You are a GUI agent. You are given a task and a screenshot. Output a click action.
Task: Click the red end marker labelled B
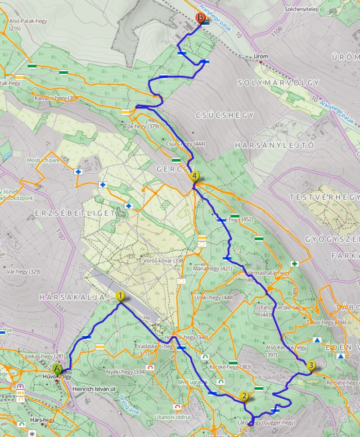pyautogui.click(x=200, y=18)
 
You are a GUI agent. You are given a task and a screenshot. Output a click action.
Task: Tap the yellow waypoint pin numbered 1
pyautogui.click(x=120, y=296)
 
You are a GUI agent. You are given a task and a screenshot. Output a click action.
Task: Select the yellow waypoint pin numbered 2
pyautogui.click(x=244, y=396)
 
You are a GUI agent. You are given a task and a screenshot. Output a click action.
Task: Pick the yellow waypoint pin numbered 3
pyautogui.click(x=311, y=365)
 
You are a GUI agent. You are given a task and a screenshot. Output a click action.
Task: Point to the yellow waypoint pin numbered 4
pyautogui.click(x=194, y=176)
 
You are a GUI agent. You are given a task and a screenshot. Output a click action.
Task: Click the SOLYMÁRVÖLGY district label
pyautogui.click(x=278, y=83)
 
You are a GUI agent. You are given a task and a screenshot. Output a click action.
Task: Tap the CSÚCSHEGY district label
pyautogui.click(x=225, y=115)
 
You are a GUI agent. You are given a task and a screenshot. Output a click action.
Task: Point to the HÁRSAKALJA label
pyautogui.click(x=72, y=297)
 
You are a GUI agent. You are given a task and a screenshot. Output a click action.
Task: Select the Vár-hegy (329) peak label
pyautogui.click(x=23, y=271)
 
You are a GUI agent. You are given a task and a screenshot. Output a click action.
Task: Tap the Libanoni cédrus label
pyautogui.click(x=172, y=417)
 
